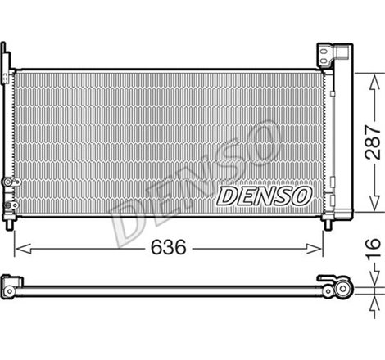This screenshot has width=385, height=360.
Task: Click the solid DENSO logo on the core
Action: (264, 196)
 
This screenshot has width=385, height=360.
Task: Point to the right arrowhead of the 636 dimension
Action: (322, 245)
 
